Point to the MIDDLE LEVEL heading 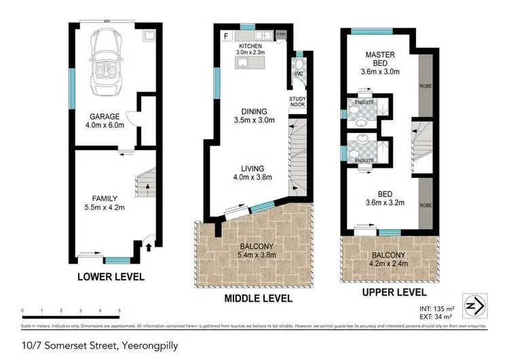tap(259, 298)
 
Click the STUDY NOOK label tap(298, 103)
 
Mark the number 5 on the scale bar tap(119, 311)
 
